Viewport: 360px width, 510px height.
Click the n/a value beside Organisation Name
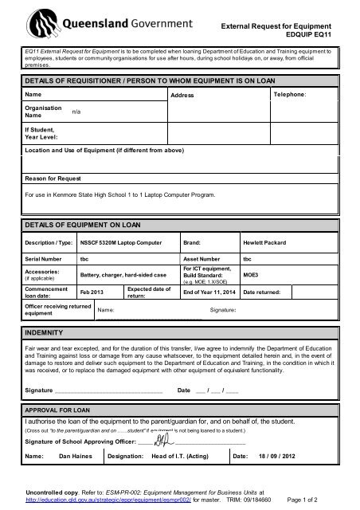76,112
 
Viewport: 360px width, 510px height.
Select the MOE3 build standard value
249,276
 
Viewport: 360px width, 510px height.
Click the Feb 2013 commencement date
83,293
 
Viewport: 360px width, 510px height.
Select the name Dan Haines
76,457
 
